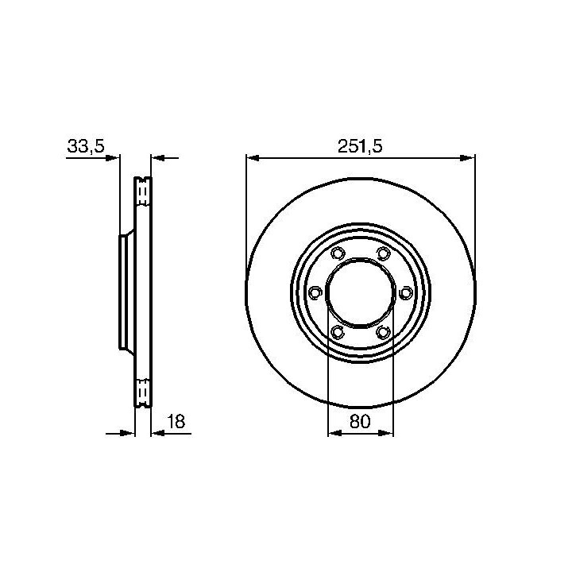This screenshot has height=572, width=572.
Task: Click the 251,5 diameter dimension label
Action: point(360,147)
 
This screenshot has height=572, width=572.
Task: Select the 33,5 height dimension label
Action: point(86,146)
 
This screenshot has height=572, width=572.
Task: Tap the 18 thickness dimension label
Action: point(176,421)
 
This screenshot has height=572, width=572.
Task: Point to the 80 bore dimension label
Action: point(360,421)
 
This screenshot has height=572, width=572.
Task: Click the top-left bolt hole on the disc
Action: point(337,253)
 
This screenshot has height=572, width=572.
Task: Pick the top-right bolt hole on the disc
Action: point(383,253)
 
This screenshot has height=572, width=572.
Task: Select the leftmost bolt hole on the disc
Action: point(315,292)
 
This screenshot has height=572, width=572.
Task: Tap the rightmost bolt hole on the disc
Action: point(405,292)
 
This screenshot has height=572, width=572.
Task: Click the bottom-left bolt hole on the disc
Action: point(337,332)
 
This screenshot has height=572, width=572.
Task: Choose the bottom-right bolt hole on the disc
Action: point(383,332)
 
